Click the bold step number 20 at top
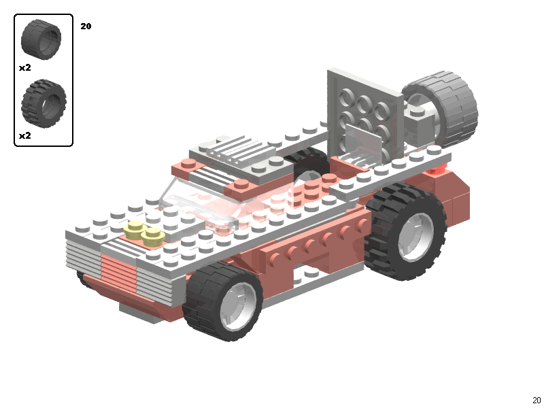86,27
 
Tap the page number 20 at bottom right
537,401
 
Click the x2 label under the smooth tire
25,68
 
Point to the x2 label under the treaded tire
25,136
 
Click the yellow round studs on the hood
144,233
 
